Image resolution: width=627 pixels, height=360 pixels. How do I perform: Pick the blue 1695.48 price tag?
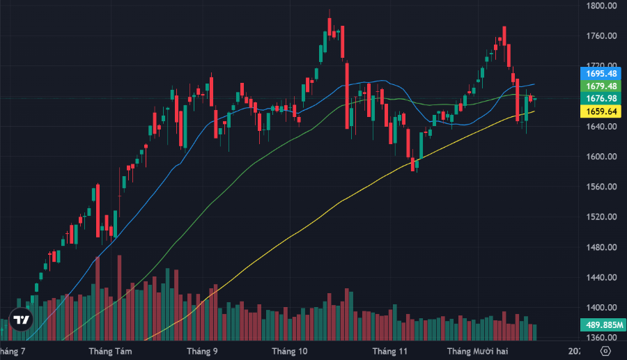point(602,73)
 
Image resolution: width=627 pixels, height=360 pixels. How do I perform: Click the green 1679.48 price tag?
point(602,86)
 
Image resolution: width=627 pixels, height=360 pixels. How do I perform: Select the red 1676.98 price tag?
point(602,98)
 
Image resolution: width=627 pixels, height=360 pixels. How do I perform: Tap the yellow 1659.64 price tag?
point(602,111)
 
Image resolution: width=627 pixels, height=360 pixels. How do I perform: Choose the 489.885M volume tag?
point(602,324)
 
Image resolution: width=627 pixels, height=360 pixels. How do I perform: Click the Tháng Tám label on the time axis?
point(110,351)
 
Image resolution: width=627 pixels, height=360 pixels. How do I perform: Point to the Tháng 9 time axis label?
point(202,351)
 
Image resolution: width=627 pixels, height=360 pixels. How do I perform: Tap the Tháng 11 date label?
point(389,351)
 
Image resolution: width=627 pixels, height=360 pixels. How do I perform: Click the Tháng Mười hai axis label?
point(478,351)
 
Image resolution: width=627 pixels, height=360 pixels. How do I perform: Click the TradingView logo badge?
point(22,320)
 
